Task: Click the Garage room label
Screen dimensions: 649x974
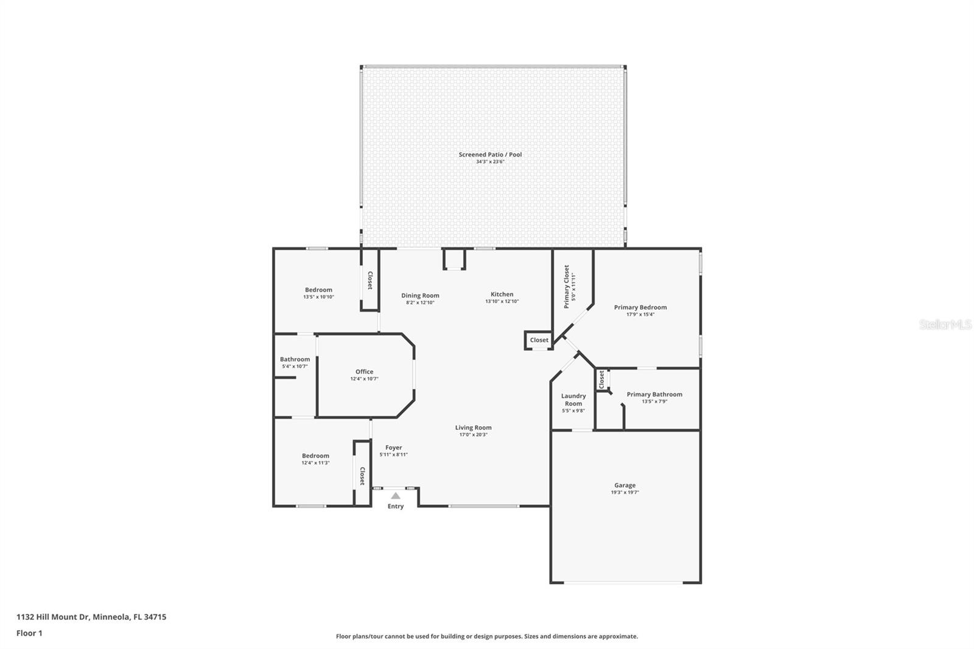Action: point(625,485)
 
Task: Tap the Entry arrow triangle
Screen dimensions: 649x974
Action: point(396,496)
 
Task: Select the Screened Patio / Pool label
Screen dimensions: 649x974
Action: point(490,155)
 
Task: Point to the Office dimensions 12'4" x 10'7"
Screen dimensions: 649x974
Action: point(364,379)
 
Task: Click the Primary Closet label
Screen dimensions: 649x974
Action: point(567,286)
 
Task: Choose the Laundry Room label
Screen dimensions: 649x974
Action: point(573,399)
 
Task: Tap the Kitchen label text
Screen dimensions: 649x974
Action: point(502,294)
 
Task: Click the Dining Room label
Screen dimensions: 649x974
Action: point(420,295)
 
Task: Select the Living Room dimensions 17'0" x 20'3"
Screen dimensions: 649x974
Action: point(473,435)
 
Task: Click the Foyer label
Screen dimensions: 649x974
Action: point(393,447)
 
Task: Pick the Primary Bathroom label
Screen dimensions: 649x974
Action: point(654,394)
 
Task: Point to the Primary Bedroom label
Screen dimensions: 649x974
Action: point(640,307)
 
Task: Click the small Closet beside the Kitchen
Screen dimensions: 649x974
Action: point(539,340)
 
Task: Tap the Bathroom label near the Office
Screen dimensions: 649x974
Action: point(295,359)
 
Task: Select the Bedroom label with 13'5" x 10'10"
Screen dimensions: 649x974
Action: point(318,290)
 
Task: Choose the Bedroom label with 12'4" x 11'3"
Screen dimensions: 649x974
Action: point(315,455)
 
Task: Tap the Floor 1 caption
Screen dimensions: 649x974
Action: point(29,633)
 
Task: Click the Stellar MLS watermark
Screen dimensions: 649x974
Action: point(945,325)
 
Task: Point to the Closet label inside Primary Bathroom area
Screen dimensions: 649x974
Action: point(601,379)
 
